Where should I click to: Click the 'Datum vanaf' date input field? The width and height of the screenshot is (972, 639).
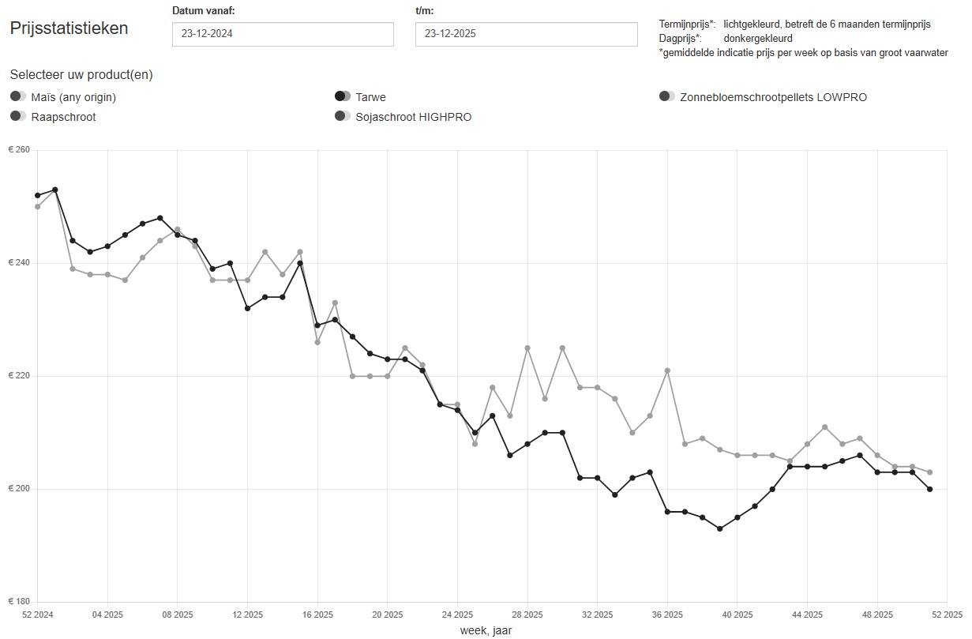283,34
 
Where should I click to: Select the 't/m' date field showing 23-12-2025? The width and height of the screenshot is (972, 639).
526,34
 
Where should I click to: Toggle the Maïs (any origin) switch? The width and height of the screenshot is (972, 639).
18,96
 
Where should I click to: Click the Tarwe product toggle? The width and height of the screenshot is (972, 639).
343,96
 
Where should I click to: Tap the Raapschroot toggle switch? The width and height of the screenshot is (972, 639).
18,116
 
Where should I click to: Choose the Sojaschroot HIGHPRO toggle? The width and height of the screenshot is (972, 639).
343,116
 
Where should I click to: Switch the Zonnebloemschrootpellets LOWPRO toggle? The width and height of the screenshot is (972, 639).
667,96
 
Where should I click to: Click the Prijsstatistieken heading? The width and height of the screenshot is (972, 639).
69,28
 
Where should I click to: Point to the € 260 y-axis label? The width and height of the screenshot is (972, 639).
19,150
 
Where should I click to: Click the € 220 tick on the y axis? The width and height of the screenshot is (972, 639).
19,376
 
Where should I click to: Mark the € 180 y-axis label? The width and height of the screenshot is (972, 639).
19,602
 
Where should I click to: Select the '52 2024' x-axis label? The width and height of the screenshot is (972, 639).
37,614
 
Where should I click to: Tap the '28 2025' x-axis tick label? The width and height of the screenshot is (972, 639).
527,614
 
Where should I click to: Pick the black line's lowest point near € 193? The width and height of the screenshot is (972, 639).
719,528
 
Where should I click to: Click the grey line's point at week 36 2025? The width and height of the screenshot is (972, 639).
667,370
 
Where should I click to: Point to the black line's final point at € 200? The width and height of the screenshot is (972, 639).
930,489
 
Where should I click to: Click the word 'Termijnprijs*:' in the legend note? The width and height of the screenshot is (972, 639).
687,24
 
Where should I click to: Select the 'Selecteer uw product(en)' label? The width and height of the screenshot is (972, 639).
81,75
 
